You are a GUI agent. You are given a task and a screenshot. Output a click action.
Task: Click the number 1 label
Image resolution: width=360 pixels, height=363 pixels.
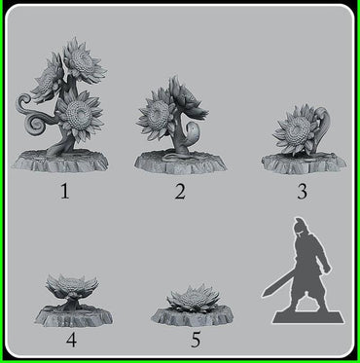point(65,190)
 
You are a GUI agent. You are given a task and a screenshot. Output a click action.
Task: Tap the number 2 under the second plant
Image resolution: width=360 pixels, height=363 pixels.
point(180,191)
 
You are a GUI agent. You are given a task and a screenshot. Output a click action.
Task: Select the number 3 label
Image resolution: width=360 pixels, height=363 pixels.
point(302,191)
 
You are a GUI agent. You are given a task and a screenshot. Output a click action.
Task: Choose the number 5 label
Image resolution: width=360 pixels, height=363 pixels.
point(196,340)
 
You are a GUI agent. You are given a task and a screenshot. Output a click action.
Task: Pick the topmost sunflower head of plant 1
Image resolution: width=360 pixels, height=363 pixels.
point(84,61)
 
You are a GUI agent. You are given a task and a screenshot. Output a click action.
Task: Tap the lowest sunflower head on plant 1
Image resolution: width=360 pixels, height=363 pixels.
point(79,114)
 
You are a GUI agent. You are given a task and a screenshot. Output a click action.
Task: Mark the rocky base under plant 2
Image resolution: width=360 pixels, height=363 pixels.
point(179,161)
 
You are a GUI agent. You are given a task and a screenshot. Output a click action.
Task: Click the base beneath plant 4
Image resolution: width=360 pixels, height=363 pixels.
point(69,314)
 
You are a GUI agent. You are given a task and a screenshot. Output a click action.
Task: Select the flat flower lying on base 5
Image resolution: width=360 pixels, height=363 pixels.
point(196,296)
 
